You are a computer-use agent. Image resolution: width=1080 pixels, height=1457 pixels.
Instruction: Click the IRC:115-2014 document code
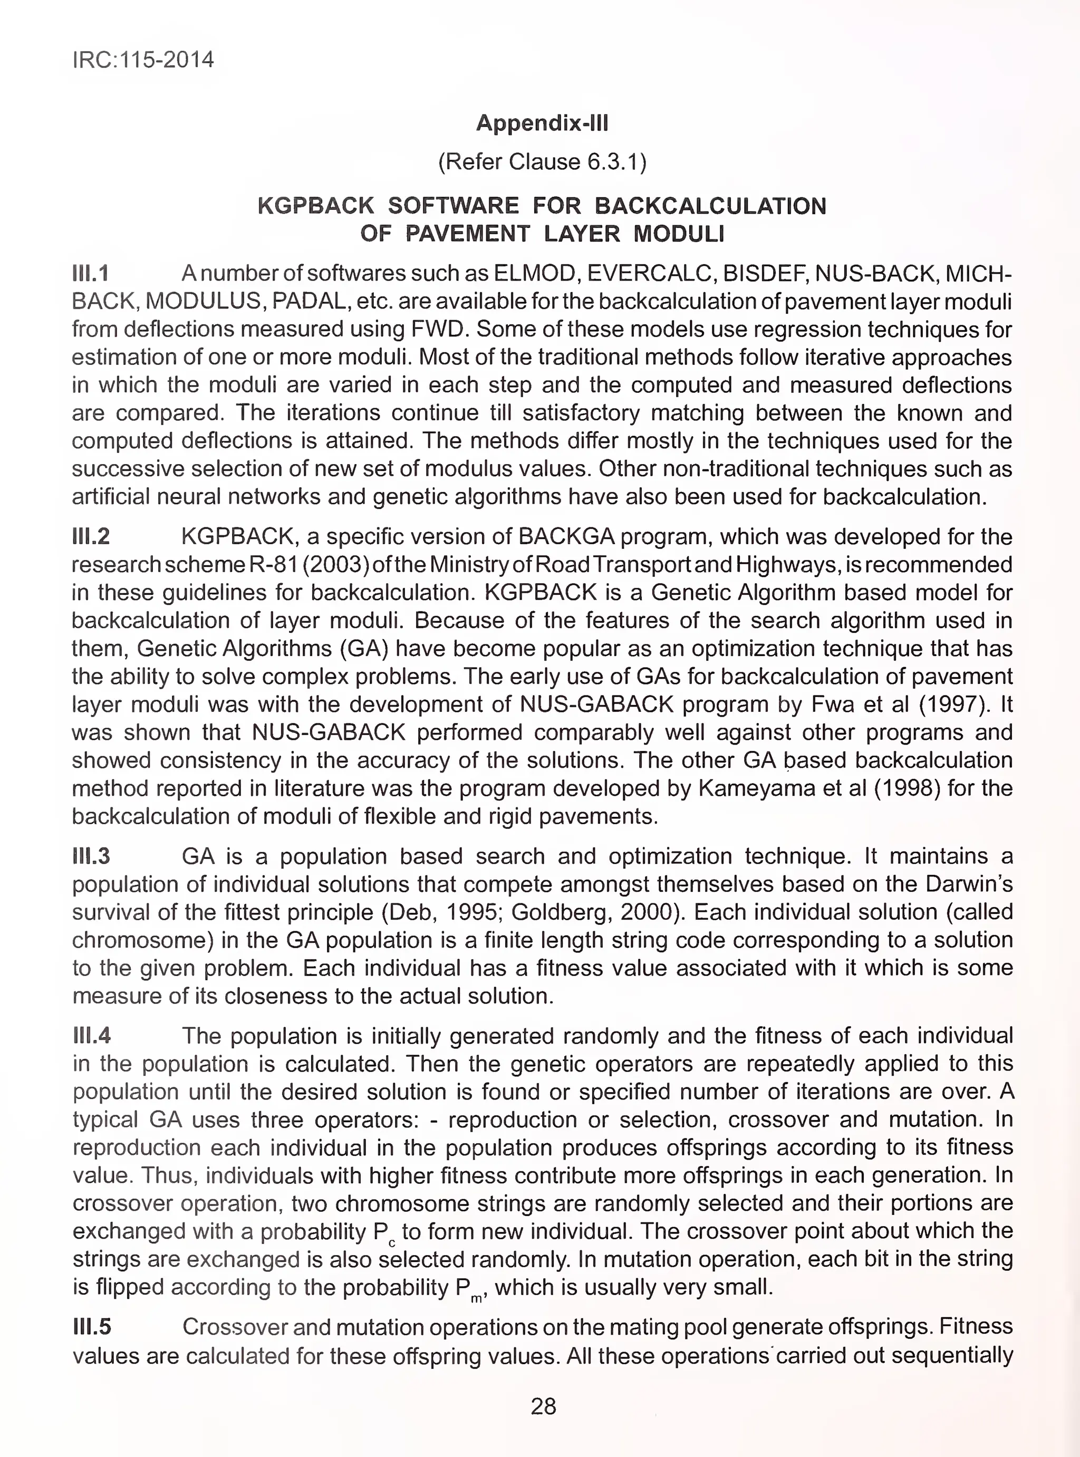tap(142, 60)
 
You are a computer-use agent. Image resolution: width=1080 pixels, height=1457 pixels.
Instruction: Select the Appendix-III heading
tap(542, 123)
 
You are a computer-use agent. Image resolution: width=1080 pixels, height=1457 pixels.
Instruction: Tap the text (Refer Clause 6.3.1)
tap(542, 161)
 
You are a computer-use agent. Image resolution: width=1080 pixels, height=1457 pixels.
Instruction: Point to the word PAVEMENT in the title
tap(467, 234)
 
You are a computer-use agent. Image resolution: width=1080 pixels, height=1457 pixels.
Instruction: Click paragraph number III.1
tap(90, 273)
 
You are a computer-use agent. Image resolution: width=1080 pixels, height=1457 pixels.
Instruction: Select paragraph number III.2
tap(91, 537)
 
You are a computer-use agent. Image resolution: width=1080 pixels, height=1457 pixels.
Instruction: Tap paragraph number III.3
tap(91, 856)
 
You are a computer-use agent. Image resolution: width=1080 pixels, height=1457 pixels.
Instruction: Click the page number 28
tap(543, 1406)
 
